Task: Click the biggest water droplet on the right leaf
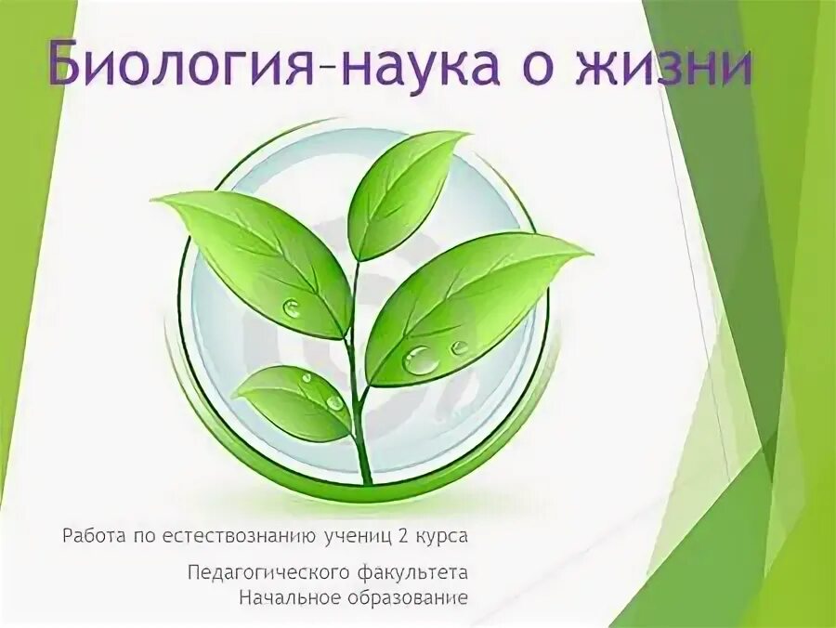421,359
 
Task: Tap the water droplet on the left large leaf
292,307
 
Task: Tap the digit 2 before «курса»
404,536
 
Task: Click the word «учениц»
358,537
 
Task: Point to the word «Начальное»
281,595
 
